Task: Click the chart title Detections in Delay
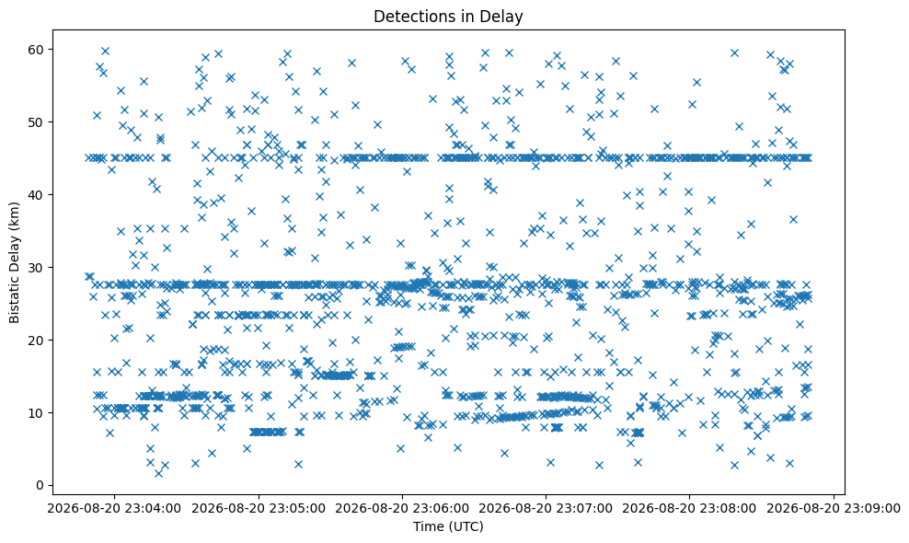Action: tap(448, 17)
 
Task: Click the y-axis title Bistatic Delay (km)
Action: tap(15, 262)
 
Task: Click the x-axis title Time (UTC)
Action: tap(448, 526)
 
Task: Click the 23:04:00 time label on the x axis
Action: tap(114, 509)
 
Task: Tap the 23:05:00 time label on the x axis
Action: tap(258, 509)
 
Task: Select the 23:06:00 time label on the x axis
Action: tap(402, 509)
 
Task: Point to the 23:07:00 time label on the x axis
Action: tap(546, 509)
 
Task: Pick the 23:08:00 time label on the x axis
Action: tap(689, 509)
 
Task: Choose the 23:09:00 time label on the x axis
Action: tap(834, 509)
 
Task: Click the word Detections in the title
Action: tap(411, 17)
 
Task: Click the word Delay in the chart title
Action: tap(504, 17)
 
